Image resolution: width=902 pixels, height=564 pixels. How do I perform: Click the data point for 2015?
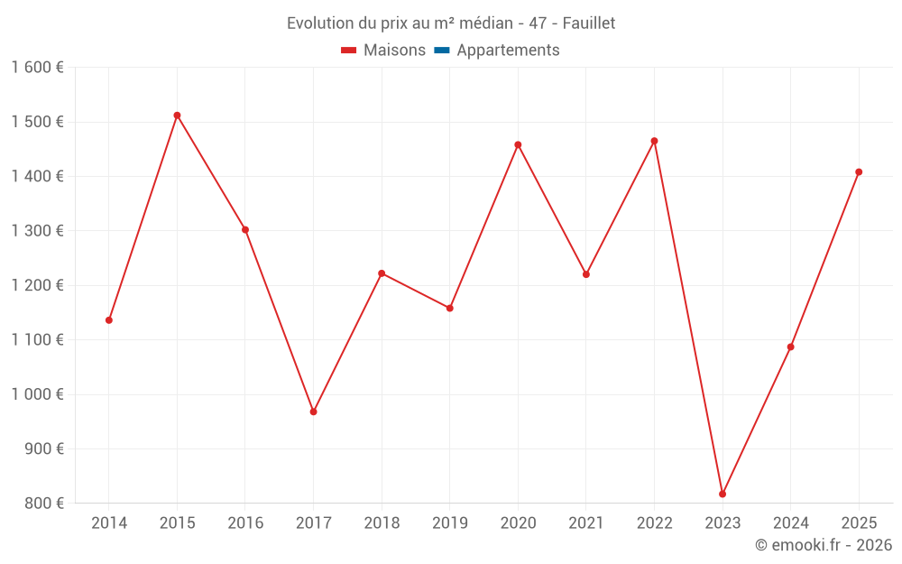point(177,116)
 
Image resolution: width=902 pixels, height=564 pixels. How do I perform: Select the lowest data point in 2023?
point(723,494)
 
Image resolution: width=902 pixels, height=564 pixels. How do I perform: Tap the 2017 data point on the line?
point(313,411)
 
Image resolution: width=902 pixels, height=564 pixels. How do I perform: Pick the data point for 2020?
point(518,144)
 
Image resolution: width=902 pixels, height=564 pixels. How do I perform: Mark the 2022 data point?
point(654,141)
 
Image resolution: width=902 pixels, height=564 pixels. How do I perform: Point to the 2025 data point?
point(859,172)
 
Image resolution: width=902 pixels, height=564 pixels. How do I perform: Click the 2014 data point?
point(109,320)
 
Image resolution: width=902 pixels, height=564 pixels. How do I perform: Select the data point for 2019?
point(450,308)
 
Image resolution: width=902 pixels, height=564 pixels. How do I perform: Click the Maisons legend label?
point(394,51)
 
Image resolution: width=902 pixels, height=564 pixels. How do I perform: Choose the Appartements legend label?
point(508,51)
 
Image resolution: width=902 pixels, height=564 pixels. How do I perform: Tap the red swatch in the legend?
point(349,51)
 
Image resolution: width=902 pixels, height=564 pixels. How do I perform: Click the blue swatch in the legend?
point(442,51)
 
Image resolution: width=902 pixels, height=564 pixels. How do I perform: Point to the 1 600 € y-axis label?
point(37,68)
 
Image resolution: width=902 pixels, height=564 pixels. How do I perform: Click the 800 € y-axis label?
point(44,504)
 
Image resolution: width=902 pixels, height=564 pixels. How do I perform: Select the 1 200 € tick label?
point(37,285)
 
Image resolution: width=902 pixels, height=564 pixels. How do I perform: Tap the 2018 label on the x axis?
point(382,523)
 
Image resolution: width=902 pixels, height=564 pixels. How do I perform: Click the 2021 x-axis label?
point(586,523)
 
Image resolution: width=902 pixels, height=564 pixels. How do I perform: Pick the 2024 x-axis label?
point(790,523)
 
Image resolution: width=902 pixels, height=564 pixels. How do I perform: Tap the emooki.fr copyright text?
point(823,545)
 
